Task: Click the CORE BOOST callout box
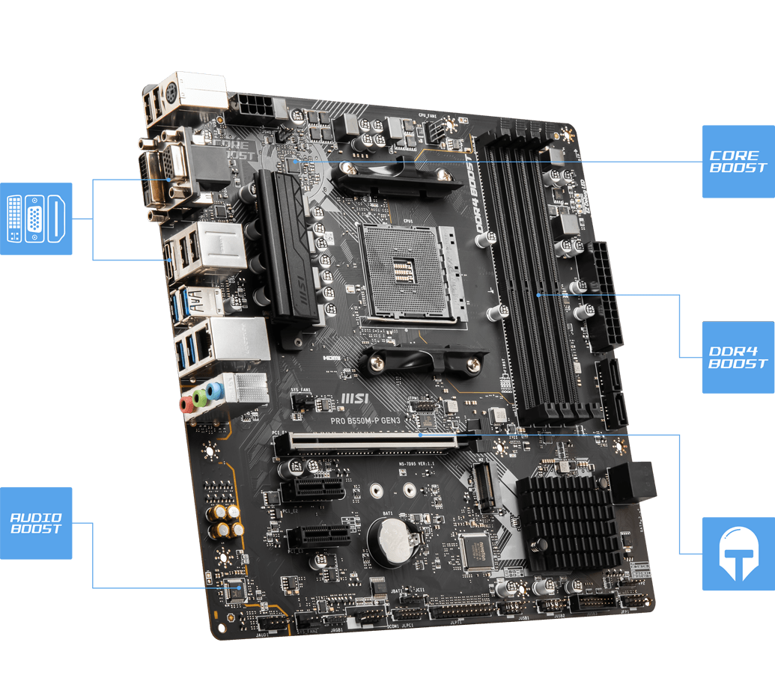pyautogui.click(x=738, y=161)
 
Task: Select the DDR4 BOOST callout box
pyautogui.click(x=738, y=357)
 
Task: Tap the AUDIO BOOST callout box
pyautogui.click(x=36, y=522)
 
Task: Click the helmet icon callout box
pyautogui.click(x=738, y=553)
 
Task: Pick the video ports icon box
pyautogui.click(x=36, y=219)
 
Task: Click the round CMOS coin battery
pyautogui.click(x=390, y=540)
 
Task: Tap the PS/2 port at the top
pyautogui.click(x=171, y=95)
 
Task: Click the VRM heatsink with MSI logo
pyautogui.click(x=288, y=247)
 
